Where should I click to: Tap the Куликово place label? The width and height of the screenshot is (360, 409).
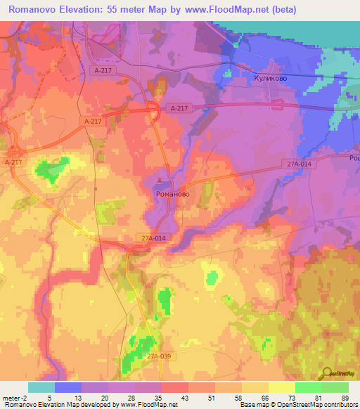click(x=269, y=79)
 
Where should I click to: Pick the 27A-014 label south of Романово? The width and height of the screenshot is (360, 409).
click(x=153, y=239)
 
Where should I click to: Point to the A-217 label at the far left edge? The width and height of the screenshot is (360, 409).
click(x=13, y=162)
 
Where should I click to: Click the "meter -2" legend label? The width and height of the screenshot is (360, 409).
click(x=15, y=397)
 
